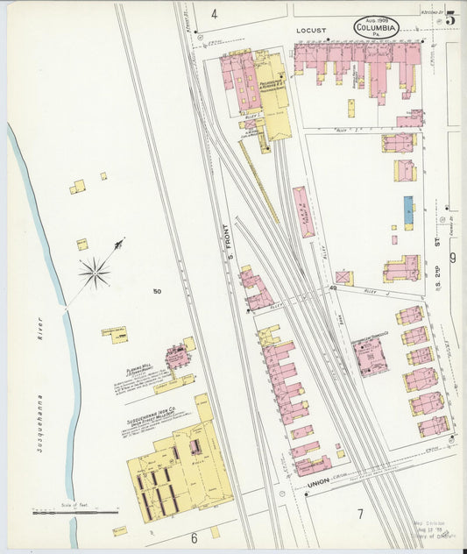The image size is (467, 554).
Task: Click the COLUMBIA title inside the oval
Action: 377,28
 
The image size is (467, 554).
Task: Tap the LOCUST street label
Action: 310,30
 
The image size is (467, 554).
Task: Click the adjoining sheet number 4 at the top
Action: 214,15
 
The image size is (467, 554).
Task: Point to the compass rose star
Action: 95,273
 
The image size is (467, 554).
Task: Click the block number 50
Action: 157,291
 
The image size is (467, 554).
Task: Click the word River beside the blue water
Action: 39,339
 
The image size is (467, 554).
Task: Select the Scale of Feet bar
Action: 74,511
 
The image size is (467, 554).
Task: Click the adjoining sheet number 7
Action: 359,512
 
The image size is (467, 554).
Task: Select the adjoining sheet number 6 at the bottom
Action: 194,537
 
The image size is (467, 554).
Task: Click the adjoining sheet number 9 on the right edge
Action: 452,259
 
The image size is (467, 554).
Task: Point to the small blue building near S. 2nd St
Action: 408,213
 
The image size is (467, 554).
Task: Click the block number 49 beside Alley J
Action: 333,288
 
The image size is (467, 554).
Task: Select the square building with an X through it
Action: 343,278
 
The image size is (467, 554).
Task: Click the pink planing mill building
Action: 178,357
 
